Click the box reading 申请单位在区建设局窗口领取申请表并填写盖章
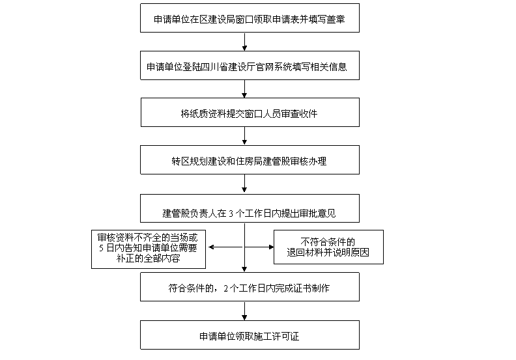pyautogui.click(x=250, y=19)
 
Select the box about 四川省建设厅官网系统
pyautogui.click(x=250, y=66)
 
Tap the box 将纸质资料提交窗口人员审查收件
pyautogui.click(x=250, y=113)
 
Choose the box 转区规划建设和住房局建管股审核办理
pyautogui.click(x=250, y=159)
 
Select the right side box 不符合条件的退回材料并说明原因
pyautogui.click(x=328, y=247)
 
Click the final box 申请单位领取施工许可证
pyautogui.click(x=250, y=337)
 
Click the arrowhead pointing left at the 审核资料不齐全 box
pyautogui.click(x=210, y=247)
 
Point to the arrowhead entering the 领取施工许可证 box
pyautogui.click(x=244, y=318)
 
